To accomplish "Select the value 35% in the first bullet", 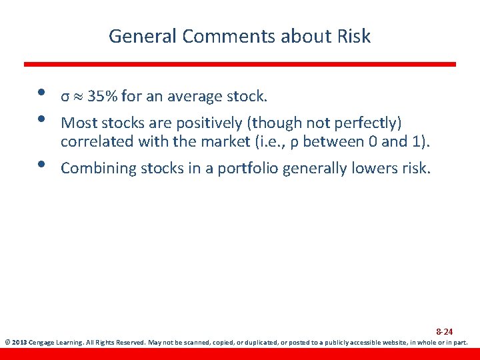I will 101,97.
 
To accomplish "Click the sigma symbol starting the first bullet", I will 65,97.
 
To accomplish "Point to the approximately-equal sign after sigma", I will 78,97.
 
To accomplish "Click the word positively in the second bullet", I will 203,123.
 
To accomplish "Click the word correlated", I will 95,141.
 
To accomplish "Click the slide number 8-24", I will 444,331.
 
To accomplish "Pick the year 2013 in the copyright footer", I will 19,343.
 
